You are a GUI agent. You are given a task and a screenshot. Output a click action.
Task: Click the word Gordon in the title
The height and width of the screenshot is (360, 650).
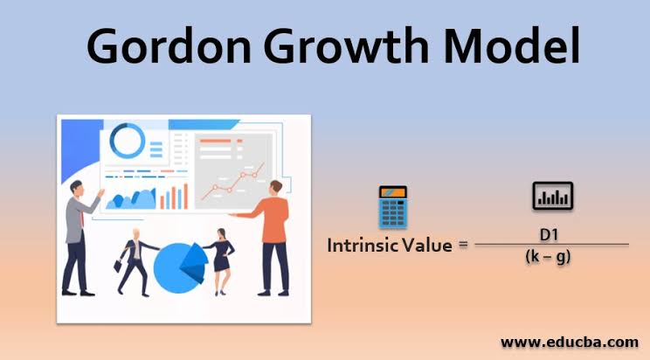click(x=169, y=45)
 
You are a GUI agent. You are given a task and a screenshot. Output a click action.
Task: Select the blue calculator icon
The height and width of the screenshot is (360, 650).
click(x=392, y=207)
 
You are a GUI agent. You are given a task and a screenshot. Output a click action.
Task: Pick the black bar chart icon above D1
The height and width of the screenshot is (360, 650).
click(x=552, y=196)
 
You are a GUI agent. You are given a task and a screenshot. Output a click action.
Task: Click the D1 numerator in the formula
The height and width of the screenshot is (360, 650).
click(x=549, y=235)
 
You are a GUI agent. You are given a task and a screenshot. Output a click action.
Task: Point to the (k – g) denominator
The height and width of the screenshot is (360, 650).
click(x=548, y=257)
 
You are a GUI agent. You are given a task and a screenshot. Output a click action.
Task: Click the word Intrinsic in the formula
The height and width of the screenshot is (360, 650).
click(x=363, y=246)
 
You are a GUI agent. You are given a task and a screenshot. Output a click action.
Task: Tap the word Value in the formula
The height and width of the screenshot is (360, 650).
click(x=428, y=246)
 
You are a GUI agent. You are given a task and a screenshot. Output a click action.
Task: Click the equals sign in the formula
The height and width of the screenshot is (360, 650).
click(x=463, y=245)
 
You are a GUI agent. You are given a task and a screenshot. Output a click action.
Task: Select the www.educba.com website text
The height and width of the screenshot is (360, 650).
click(x=570, y=343)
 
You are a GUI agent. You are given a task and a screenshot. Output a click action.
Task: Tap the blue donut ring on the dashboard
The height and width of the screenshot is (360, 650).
click(x=128, y=141)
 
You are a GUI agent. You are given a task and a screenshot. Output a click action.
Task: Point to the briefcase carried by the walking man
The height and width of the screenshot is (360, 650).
click(x=119, y=266)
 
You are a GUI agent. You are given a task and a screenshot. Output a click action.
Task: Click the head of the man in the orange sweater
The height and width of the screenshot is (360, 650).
click(x=276, y=188)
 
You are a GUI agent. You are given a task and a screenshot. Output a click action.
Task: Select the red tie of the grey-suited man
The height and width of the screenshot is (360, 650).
click(x=82, y=218)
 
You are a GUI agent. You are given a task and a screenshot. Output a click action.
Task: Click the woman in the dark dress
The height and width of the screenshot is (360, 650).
click(x=221, y=262)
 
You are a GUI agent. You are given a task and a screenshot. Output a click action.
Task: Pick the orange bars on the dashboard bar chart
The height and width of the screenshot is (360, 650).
click(x=174, y=197)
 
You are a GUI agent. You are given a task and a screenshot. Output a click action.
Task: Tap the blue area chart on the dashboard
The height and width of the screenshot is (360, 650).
click(x=131, y=199)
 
